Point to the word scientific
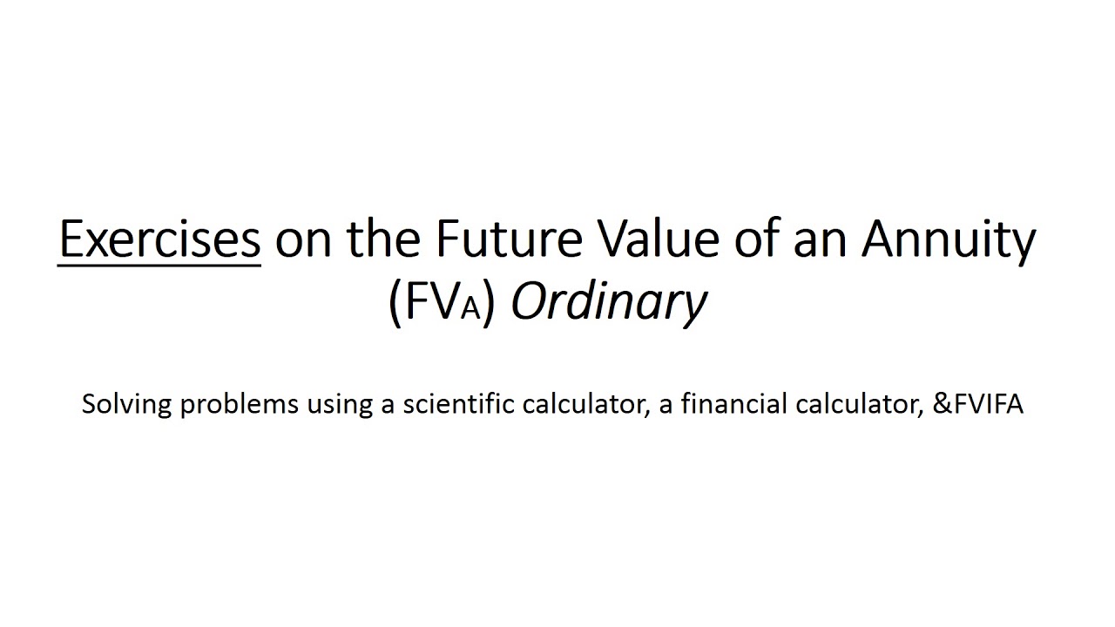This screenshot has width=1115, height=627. click(x=452, y=404)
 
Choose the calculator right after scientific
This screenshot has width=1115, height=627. click(x=578, y=404)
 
